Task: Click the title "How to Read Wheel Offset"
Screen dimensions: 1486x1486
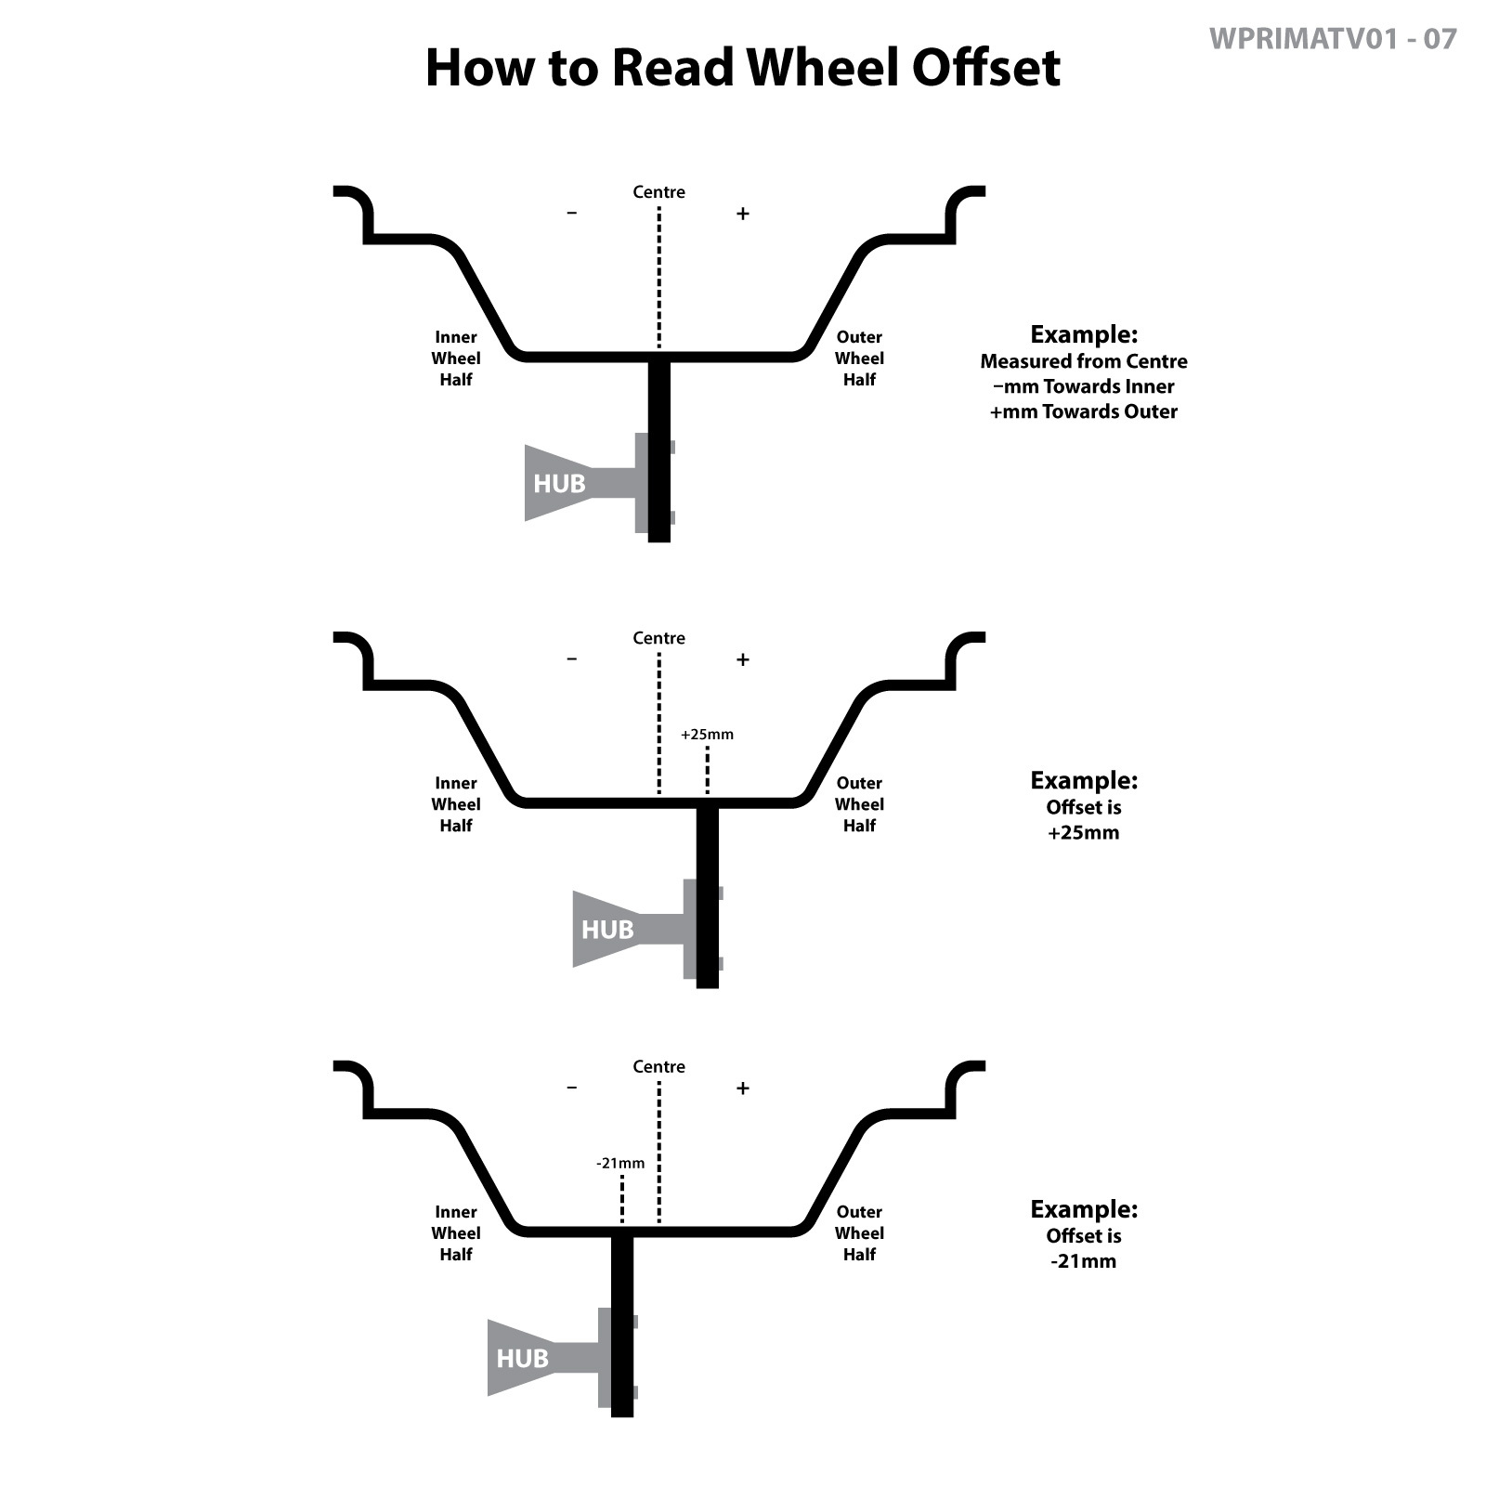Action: tap(742, 68)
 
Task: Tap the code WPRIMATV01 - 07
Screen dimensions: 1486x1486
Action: tap(1333, 39)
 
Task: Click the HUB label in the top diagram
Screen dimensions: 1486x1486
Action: tap(559, 484)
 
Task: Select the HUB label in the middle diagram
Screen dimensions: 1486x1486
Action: tap(607, 930)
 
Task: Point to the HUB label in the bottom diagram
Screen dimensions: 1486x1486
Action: tap(522, 1359)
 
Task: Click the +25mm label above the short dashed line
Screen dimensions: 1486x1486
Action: tap(707, 735)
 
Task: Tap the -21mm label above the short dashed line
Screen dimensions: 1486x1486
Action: tap(620, 1164)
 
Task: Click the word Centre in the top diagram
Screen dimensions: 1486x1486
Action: tap(658, 192)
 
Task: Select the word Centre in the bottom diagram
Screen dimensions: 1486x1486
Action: tap(658, 1067)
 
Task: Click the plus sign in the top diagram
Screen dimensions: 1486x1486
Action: tap(742, 214)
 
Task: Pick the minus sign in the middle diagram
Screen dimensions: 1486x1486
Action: tap(572, 659)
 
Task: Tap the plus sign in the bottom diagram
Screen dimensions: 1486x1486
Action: tap(742, 1088)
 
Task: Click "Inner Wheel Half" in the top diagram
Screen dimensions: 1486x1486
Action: tap(456, 358)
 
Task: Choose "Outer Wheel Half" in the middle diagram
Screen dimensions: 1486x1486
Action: tap(859, 804)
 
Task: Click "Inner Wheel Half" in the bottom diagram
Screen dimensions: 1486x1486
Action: tap(456, 1233)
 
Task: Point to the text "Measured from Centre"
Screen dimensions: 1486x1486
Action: tap(1083, 361)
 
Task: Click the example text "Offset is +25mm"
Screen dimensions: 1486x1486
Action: tap(1083, 820)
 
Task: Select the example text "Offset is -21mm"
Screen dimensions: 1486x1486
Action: tap(1083, 1248)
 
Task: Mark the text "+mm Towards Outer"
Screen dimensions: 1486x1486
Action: tap(1083, 411)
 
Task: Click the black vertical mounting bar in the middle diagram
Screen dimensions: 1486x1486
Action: tap(708, 896)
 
